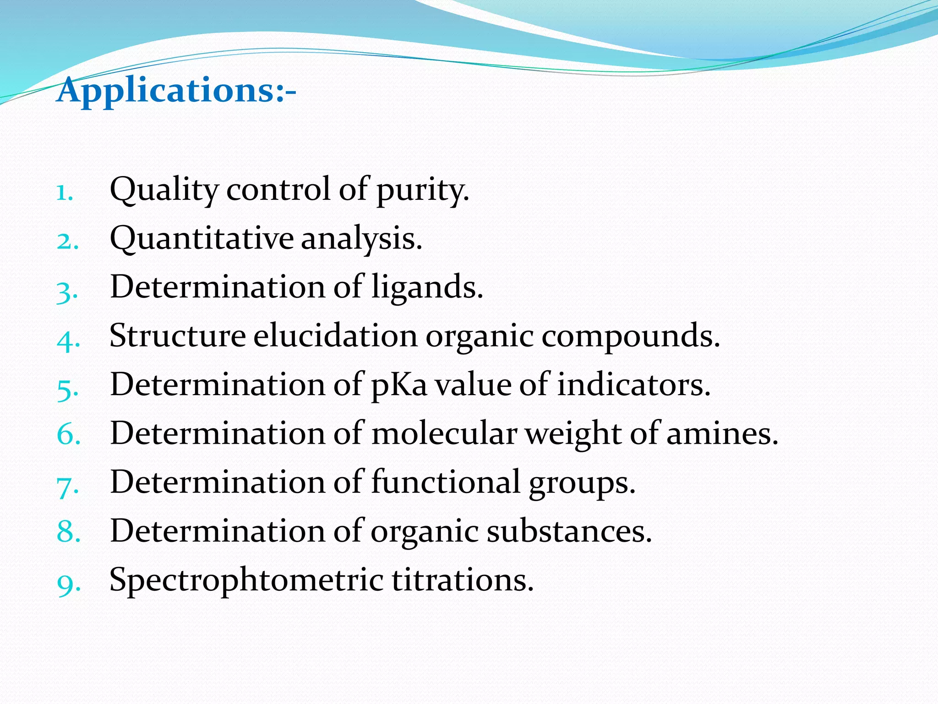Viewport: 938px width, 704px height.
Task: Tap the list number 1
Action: click(x=65, y=193)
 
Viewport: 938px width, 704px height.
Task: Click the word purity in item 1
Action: click(x=422, y=190)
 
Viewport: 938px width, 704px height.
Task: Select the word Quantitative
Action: click(x=202, y=239)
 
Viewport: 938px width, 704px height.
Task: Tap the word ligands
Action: click(x=426, y=288)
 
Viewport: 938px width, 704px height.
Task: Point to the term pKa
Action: click(x=398, y=385)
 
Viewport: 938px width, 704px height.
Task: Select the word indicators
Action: click(x=633, y=385)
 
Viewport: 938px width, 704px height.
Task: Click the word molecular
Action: click(x=444, y=434)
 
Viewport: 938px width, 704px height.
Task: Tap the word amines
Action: click(x=722, y=434)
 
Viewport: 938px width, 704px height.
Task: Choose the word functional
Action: click(x=446, y=482)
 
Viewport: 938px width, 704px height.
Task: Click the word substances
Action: click(x=568, y=531)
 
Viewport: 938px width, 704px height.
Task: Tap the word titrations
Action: click(x=463, y=580)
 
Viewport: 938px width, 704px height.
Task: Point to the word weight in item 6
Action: click(x=573, y=434)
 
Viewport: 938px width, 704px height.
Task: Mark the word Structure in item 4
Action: click(x=178, y=336)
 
